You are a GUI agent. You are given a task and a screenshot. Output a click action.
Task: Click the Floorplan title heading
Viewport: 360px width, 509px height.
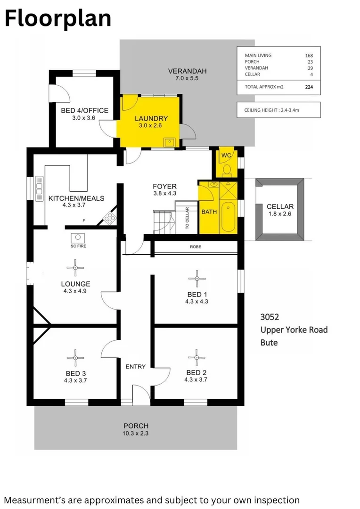click(58, 19)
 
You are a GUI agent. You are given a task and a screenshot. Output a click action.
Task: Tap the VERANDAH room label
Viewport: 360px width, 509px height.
click(187, 71)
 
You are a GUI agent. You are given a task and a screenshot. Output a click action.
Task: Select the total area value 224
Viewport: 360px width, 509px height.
click(309, 87)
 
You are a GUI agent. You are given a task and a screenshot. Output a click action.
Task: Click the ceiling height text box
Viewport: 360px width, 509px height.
click(278, 110)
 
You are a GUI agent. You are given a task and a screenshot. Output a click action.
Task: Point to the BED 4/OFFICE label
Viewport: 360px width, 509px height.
click(84, 111)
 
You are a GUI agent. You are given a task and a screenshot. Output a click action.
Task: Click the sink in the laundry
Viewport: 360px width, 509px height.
click(169, 142)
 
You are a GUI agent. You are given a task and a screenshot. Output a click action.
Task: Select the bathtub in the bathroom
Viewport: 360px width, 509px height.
click(228, 216)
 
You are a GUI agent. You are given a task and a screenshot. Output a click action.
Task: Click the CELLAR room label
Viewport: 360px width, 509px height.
click(280, 206)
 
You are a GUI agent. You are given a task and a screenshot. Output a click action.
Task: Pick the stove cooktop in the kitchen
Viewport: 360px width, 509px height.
click(109, 218)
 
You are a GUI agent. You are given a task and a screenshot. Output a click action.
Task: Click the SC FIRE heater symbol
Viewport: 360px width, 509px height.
click(75, 238)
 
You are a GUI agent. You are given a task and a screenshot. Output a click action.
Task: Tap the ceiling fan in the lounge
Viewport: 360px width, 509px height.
click(75, 268)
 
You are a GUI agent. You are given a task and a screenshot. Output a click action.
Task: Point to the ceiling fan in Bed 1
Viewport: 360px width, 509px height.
click(196, 278)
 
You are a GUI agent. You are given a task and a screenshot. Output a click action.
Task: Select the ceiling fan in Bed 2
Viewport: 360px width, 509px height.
click(196, 357)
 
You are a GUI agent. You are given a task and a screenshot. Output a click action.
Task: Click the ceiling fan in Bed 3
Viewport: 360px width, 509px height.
click(75, 358)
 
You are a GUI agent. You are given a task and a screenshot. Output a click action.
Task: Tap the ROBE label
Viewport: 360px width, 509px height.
click(196, 246)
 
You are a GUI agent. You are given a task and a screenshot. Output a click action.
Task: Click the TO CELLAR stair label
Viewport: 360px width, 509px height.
click(187, 219)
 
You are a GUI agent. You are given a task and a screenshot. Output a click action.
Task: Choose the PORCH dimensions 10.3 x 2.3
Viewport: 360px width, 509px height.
click(136, 433)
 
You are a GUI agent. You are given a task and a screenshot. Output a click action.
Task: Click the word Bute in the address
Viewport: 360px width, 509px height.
click(269, 343)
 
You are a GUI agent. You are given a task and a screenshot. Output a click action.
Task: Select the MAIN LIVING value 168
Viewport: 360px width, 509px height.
click(309, 55)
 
